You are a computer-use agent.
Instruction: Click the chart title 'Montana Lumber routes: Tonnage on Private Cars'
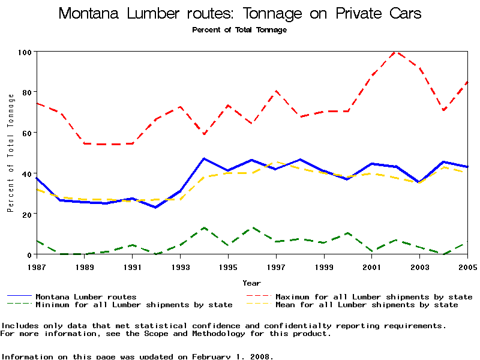pyautogui.click(x=240, y=14)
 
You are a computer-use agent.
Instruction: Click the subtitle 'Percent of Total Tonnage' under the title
pyautogui.click(x=239, y=30)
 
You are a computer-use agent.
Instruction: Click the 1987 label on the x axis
pyautogui.click(x=37, y=266)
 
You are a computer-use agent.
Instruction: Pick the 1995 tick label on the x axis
pyautogui.click(x=228, y=266)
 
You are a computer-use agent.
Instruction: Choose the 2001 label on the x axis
pyautogui.click(x=372, y=266)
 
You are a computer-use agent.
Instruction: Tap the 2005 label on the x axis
pyautogui.click(x=467, y=266)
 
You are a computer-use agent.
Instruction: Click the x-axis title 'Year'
pyautogui.click(x=251, y=283)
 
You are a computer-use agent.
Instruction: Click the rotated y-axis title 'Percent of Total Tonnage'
pyautogui.click(x=10, y=152)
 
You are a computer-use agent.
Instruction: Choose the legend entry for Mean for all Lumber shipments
pyautogui.click(x=366, y=305)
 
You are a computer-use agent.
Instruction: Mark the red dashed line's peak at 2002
pyautogui.click(x=395, y=52)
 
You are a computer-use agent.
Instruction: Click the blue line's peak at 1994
pyautogui.click(x=204, y=158)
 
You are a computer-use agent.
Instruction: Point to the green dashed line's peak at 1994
pyautogui.click(x=204, y=227)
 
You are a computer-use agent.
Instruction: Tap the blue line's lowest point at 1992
pyautogui.click(x=156, y=207)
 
